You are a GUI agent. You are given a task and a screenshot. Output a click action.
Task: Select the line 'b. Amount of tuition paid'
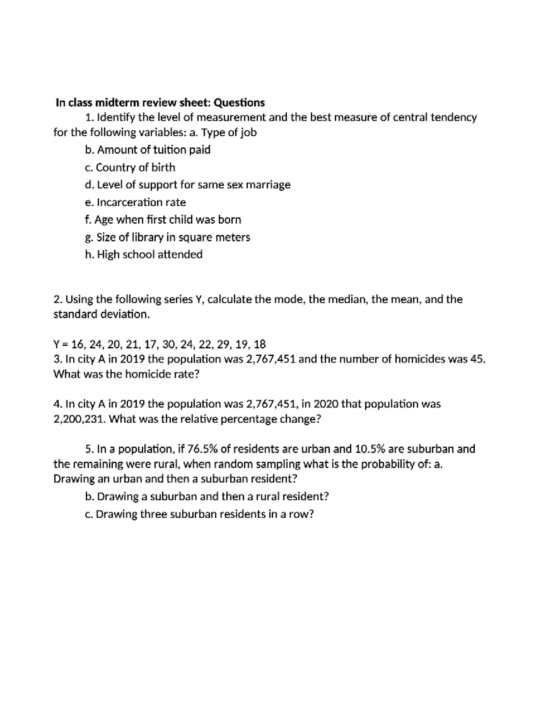pos(147,150)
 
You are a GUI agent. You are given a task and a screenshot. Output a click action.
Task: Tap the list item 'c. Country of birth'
pos(130,167)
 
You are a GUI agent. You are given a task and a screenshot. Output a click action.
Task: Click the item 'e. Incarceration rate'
pos(135,202)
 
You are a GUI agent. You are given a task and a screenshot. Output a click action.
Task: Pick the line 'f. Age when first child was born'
pos(163,220)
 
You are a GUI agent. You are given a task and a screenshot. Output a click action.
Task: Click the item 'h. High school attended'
pos(143,254)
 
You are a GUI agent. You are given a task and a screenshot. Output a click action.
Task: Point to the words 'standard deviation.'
pos(101,314)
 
